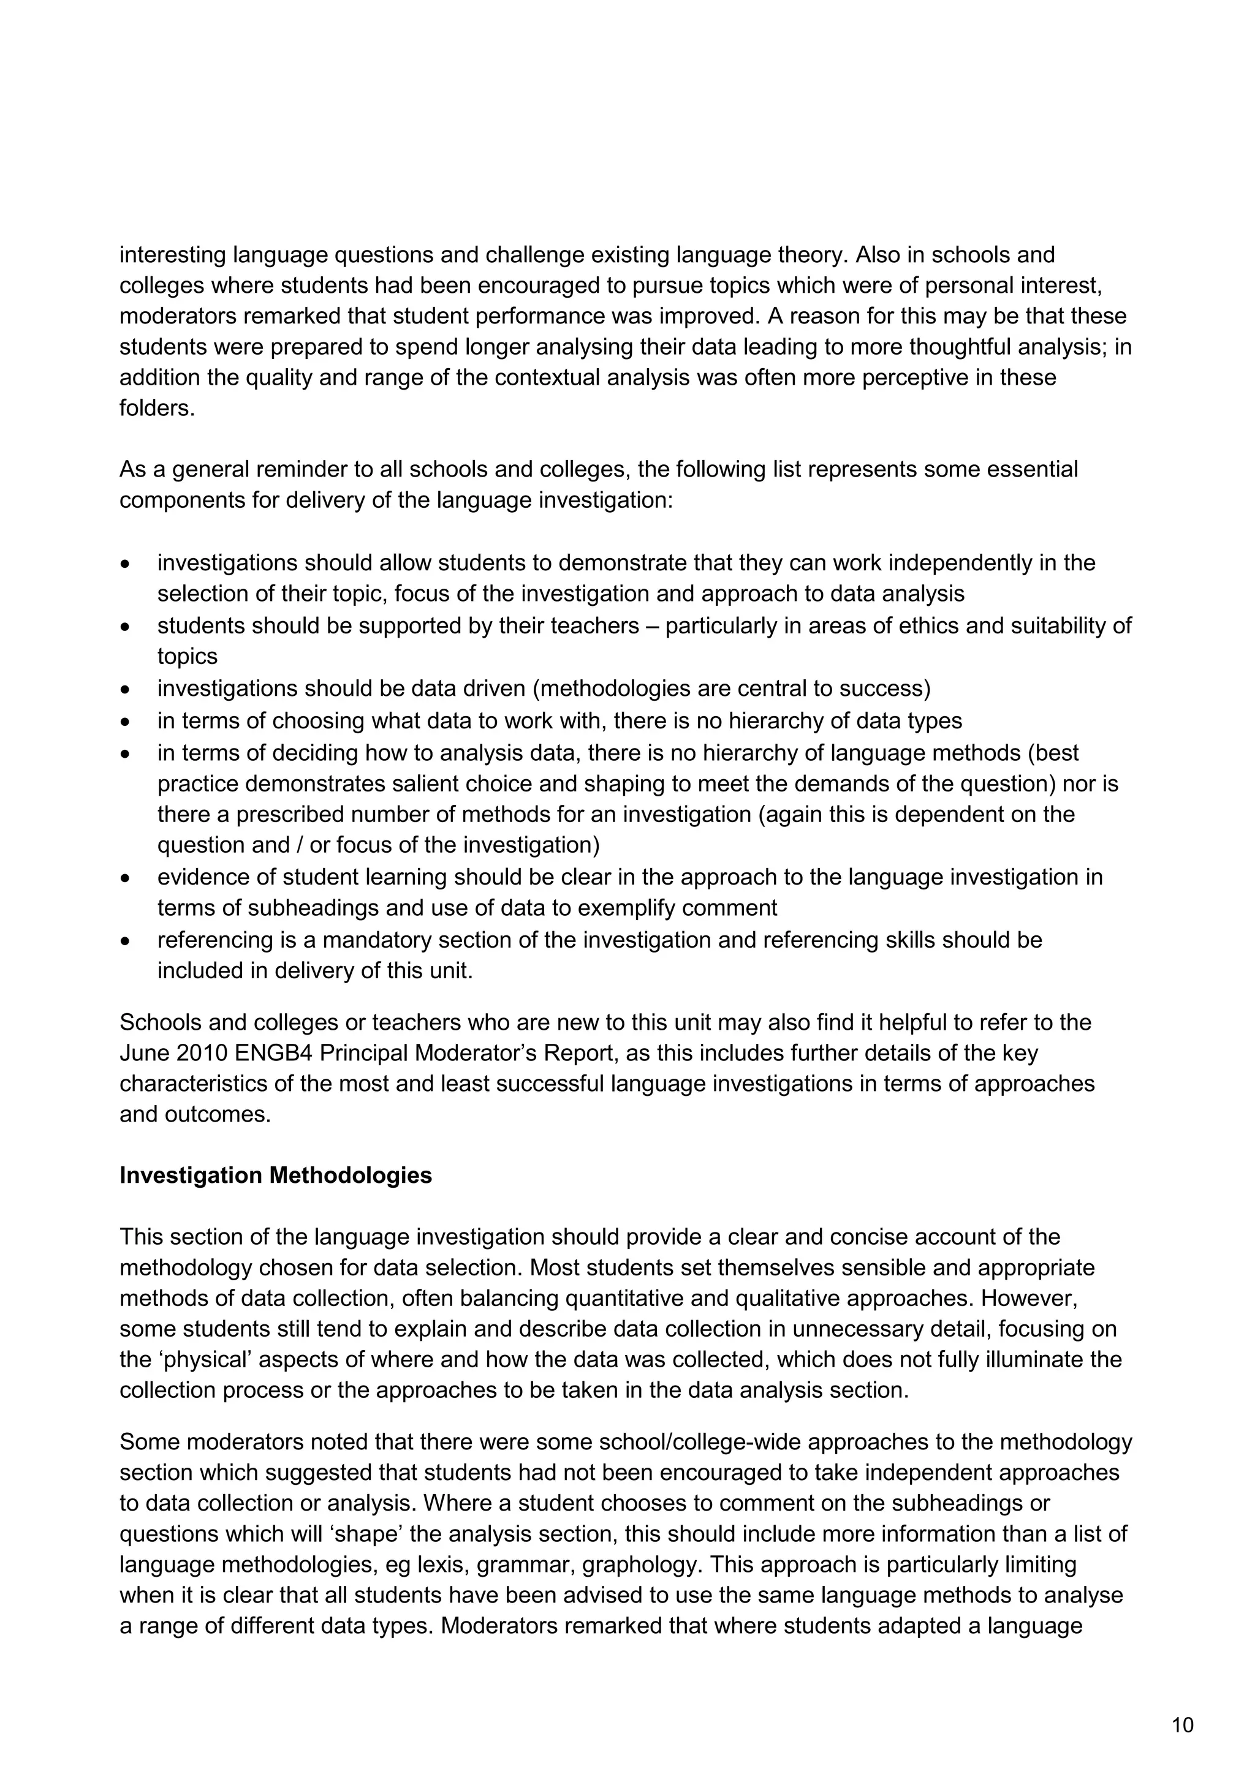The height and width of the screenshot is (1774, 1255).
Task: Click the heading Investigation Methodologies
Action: [275, 1175]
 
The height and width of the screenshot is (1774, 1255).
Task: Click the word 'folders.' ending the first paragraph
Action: [157, 408]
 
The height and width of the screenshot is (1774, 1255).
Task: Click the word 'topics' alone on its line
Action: [188, 656]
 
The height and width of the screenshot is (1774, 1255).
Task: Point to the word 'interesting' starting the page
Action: [172, 255]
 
